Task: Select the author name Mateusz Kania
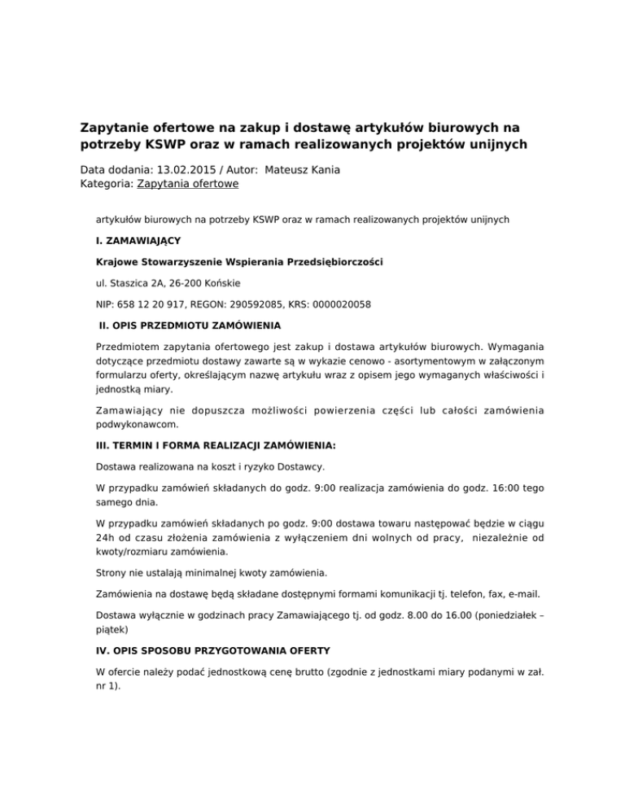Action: tap(307, 169)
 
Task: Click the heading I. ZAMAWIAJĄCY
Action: tap(138, 241)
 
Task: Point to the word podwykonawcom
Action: tap(136, 424)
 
